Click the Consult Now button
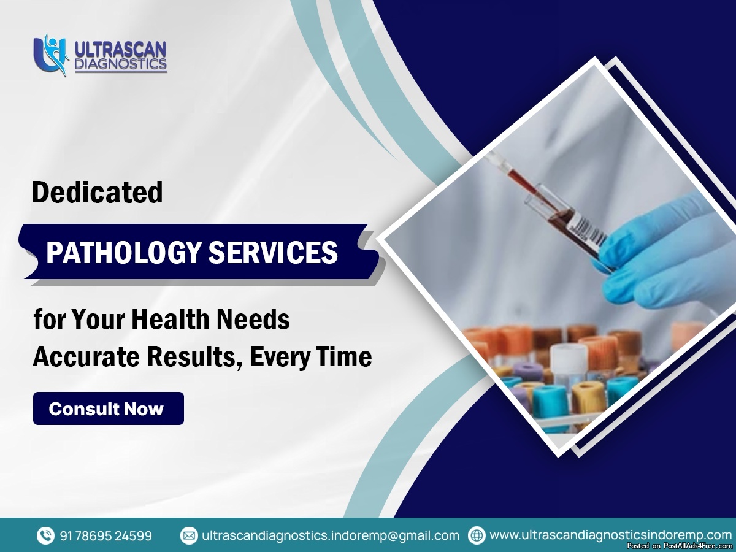point(109,408)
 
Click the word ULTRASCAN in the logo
point(120,50)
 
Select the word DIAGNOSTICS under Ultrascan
point(121,64)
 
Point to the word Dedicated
point(98,192)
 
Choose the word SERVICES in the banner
point(273,252)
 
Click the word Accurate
point(86,356)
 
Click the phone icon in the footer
point(45,535)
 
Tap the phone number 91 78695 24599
point(105,535)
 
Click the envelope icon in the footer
point(189,535)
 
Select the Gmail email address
point(331,535)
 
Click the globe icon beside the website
point(477,535)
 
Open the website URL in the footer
point(611,535)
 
